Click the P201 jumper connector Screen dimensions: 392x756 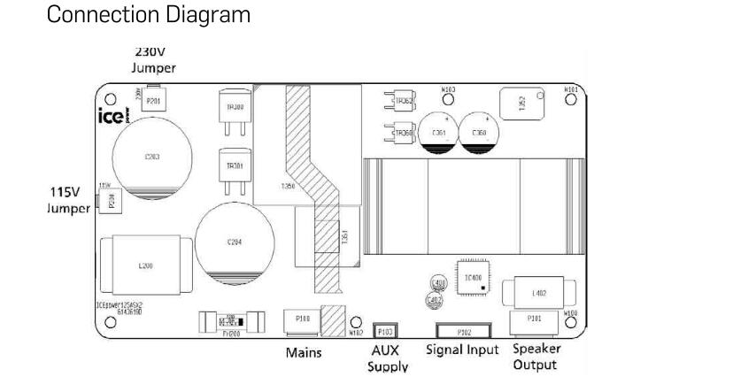[154, 101]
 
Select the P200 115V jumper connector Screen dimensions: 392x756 [112, 200]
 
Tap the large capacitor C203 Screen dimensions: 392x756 [151, 157]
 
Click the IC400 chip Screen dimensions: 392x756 [471, 279]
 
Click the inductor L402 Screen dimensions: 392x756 [537, 292]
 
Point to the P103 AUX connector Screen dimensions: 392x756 [385, 331]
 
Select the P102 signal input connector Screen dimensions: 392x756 [463, 332]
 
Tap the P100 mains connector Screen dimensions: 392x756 [301, 320]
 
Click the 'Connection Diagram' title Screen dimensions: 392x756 [148, 15]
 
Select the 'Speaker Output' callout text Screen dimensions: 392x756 [536, 356]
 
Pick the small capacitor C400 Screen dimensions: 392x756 [436, 283]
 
